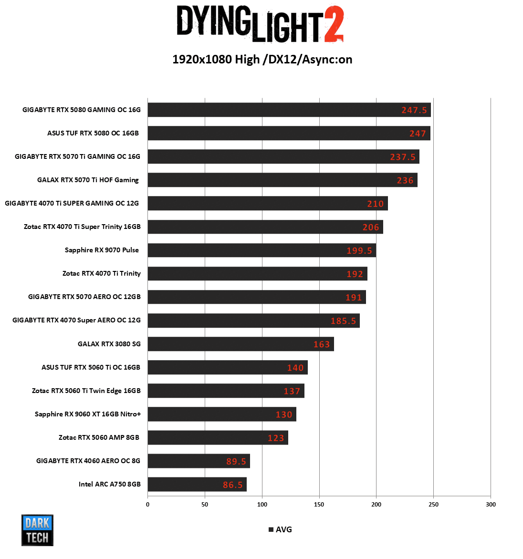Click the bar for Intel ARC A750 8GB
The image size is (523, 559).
pyautogui.click(x=197, y=484)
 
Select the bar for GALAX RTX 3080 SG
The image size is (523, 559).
pyautogui.click(x=241, y=344)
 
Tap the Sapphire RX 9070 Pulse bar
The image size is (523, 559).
pyautogui.click(x=261, y=250)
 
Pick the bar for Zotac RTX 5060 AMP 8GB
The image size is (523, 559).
pyautogui.click(x=218, y=438)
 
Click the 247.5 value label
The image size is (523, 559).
pyautogui.click(x=414, y=110)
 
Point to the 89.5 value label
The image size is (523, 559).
pyautogui.click(x=236, y=461)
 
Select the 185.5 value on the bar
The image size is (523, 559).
pyautogui.click(x=343, y=321)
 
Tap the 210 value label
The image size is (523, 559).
pyautogui.click(x=375, y=204)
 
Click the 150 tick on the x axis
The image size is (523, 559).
pyautogui.click(x=319, y=504)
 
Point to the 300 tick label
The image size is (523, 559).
pyautogui.click(x=491, y=504)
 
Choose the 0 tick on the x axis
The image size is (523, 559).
pyautogui.click(x=148, y=504)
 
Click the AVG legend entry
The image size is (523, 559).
pyautogui.click(x=281, y=529)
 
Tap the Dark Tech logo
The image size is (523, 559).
pyautogui.click(x=37, y=530)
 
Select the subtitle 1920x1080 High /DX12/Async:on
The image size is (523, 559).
pyautogui.click(x=262, y=59)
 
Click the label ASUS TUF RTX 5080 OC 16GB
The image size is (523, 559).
pyautogui.click(x=93, y=133)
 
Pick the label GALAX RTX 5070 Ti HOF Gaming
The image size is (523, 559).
pyautogui.click(x=88, y=180)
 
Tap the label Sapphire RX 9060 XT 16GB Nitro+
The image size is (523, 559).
pyautogui.click(x=88, y=414)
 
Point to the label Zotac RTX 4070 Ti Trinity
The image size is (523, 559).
pyautogui.click(x=102, y=273)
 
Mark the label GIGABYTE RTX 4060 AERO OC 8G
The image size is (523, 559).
pyautogui.click(x=88, y=461)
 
